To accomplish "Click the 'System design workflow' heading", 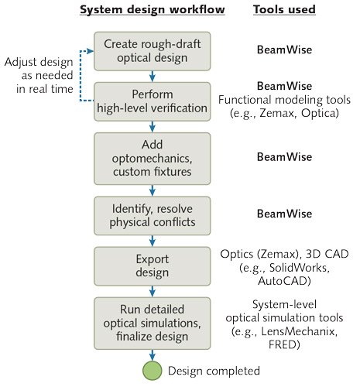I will pos(153,11).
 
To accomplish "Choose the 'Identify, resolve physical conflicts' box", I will pos(153,213).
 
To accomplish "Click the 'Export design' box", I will pos(153,265).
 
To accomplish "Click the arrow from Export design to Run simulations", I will pos(153,293).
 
